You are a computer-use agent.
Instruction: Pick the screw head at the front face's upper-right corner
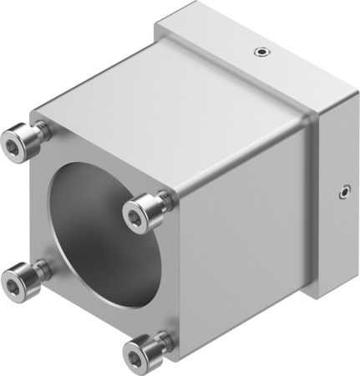(139, 216)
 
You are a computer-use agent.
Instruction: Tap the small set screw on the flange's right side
(343, 194)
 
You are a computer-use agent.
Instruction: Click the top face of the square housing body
(167, 100)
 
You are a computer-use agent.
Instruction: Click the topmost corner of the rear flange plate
(194, 7)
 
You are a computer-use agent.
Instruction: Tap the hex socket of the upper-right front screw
(135, 217)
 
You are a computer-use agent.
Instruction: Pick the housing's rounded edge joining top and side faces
(242, 142)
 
